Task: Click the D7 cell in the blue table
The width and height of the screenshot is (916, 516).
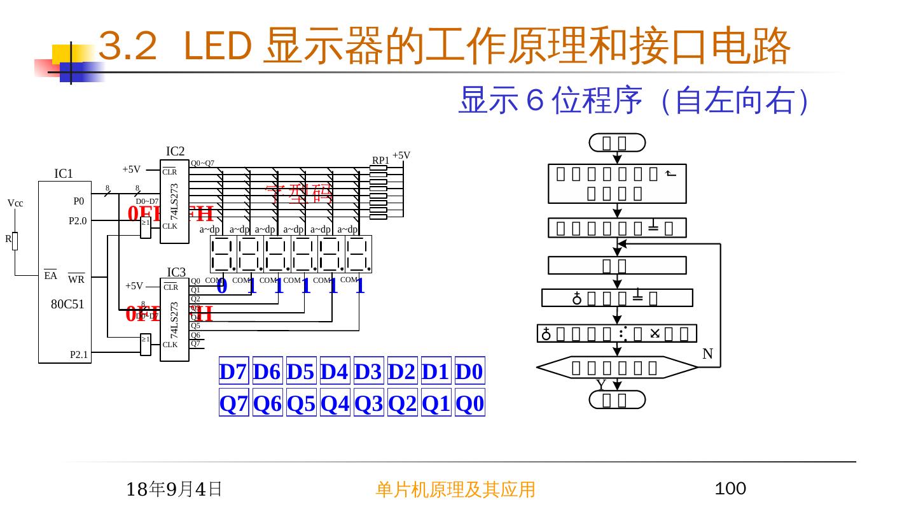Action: click(233, 371)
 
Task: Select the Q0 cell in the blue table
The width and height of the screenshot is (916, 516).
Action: click(470, 403)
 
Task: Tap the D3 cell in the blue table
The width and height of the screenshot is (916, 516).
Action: click(368, 371)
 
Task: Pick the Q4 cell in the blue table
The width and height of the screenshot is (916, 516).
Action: click(335, 403)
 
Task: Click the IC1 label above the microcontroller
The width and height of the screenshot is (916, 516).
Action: click(64, 173)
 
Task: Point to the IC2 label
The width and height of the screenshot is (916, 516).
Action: click(175, 151)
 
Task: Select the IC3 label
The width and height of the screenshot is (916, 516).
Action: click(176, 273)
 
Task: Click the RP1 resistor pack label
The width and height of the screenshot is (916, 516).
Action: click(380, 160)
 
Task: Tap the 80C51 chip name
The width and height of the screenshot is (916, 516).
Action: click(67, 304)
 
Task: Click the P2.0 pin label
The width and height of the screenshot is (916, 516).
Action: click(78, 222)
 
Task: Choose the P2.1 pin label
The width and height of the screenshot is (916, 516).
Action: click(79, 355)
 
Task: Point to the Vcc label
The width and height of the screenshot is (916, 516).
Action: click(16, 203)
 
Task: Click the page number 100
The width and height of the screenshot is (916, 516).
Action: click(730, 489)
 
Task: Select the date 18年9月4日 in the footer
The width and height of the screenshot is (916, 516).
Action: click(174, 489)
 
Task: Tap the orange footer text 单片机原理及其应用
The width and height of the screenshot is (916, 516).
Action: click(455, 489)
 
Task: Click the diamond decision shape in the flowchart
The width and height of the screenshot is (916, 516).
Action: click(616, 368)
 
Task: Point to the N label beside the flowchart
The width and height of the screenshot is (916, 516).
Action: click(707, 354)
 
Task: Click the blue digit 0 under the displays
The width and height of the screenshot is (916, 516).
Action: click(222, 286)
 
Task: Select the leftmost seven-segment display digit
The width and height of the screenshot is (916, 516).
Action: click(223, 254)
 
